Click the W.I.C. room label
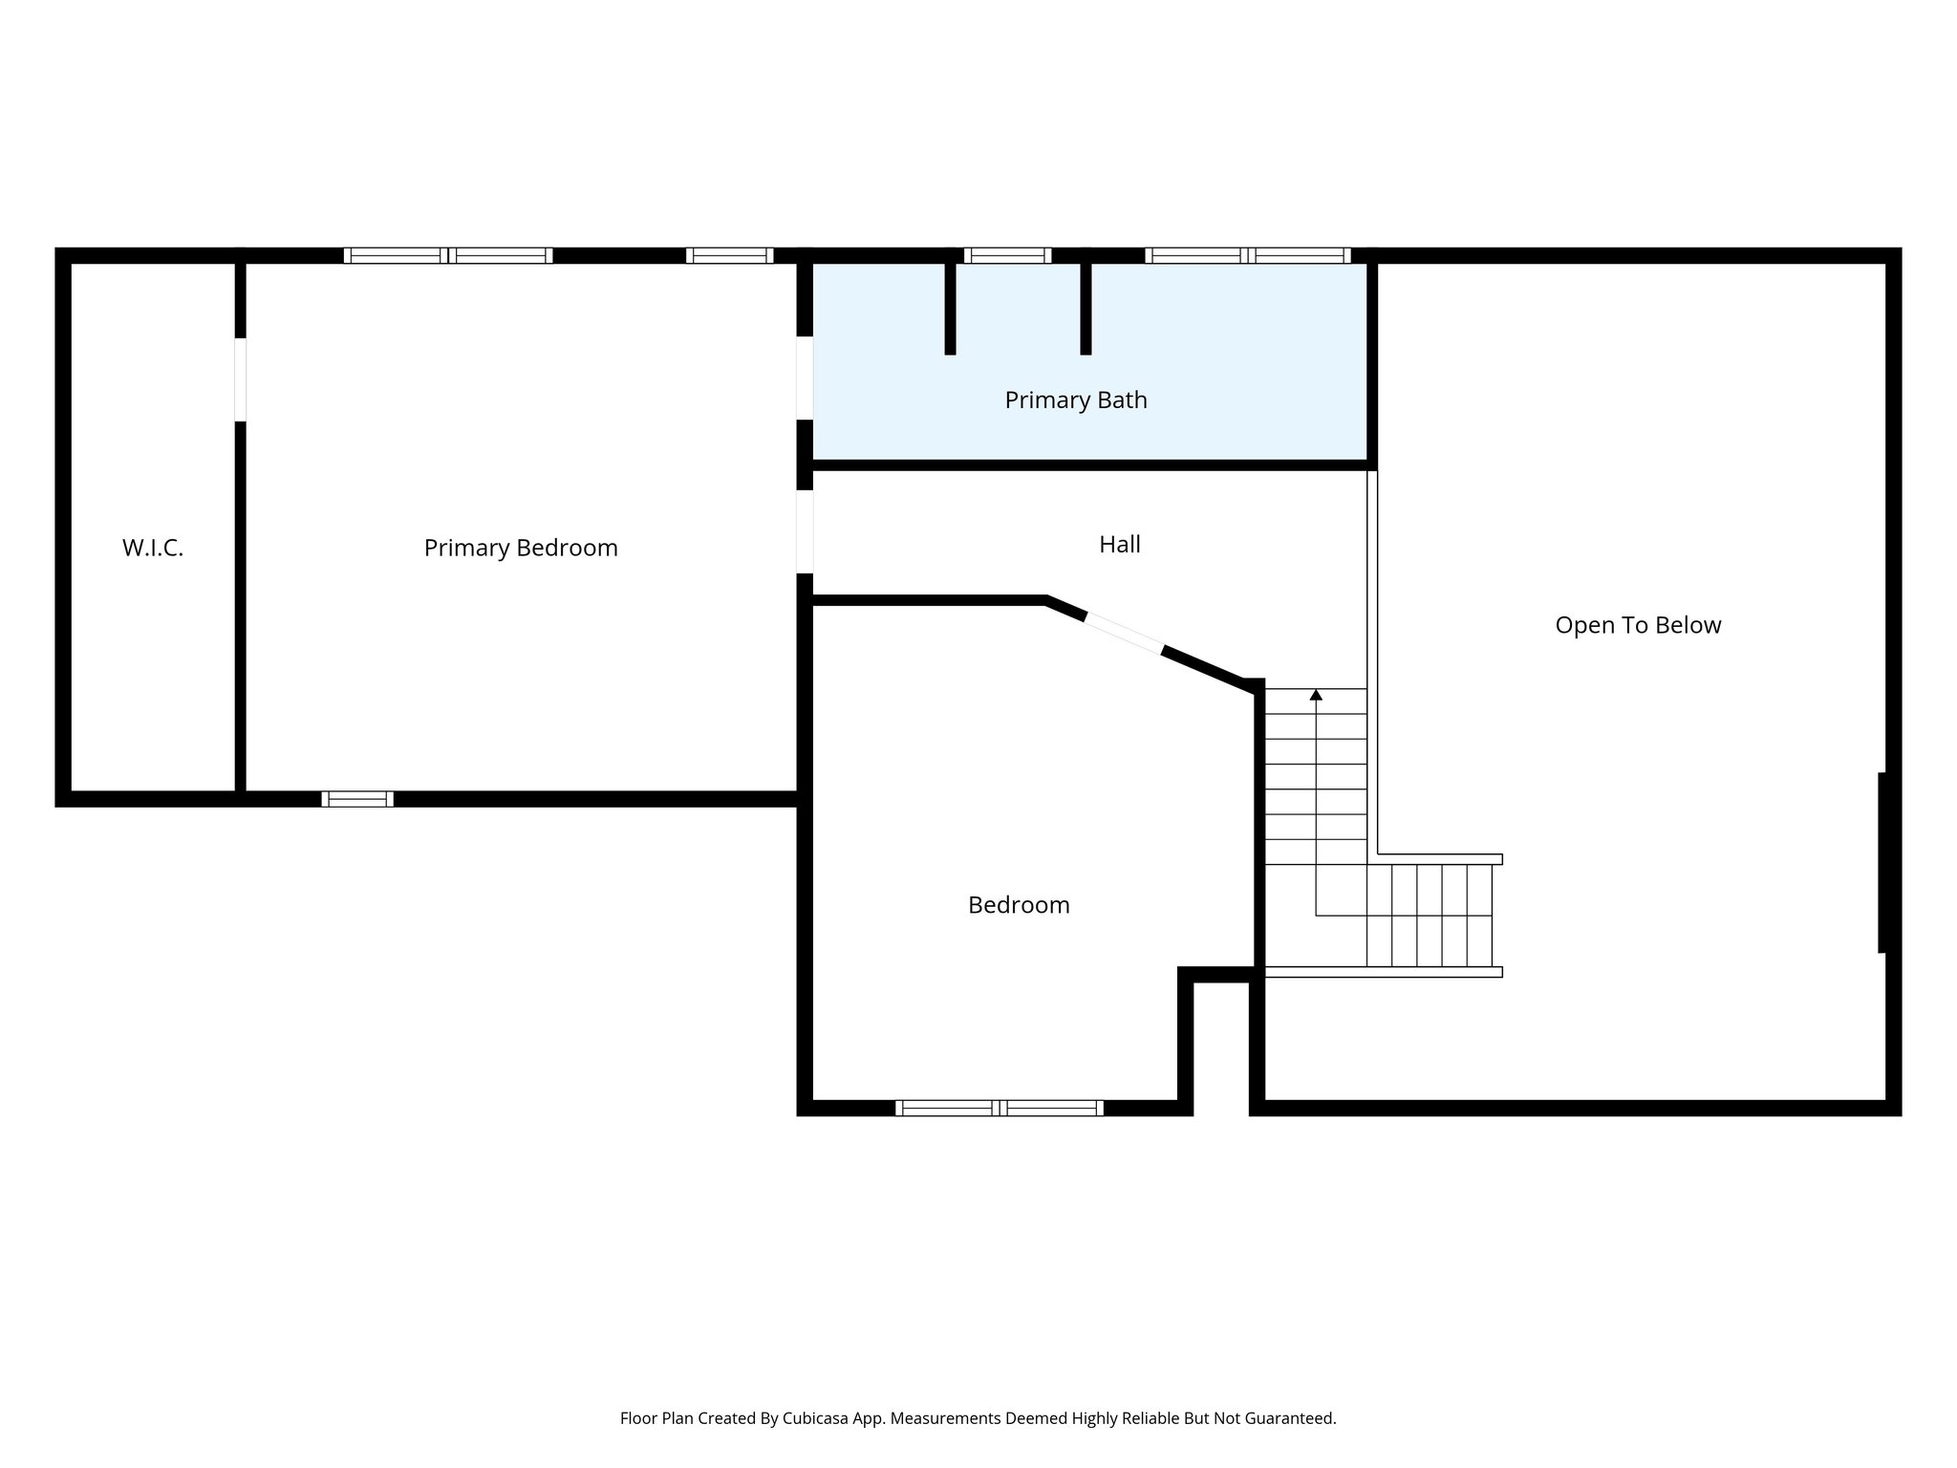click(153, 549)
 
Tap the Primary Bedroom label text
click(521, 549)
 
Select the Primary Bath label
click(1076, 400)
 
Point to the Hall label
click(1120, 545)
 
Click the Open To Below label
click(1638, 626)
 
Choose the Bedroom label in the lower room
click(1019, 905)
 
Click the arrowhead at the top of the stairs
click(1316, 695)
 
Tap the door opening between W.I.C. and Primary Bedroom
click(241, 379)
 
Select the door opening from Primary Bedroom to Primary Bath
click(805, 378)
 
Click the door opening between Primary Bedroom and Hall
click(805, 531)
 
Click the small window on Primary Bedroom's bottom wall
click(357, 799)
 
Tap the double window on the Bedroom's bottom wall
click(1000, 1108)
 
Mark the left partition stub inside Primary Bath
click(950, 306)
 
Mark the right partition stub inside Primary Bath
click(1086, 306)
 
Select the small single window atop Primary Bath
click(1007, 255)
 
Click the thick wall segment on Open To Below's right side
click(1882, 862)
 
